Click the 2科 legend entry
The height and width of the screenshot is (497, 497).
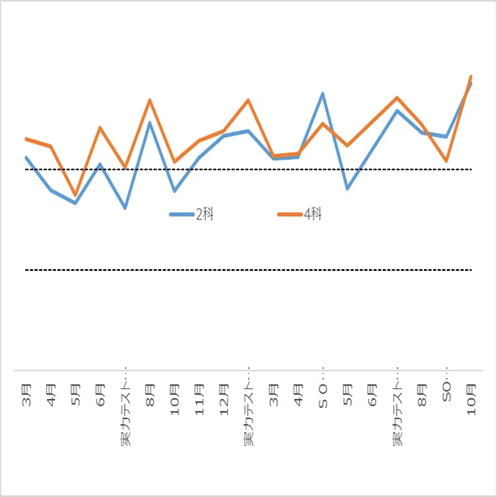[191, 214]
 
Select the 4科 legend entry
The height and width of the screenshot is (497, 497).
[299, 214]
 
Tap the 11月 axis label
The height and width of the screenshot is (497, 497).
[199, 400]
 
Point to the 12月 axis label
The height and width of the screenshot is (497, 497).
[224, 400]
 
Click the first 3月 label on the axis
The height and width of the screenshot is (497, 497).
[27, 395]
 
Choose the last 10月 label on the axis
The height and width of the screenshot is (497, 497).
[471, 400]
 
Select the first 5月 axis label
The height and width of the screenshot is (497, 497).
[76, 395]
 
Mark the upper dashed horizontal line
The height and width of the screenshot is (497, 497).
[248, 169]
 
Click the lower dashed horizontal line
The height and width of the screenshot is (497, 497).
[248, 270]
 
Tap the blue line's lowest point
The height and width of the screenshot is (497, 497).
[126, 208]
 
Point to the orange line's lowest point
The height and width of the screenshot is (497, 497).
[75, 195]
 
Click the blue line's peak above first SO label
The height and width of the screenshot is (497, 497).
[323, 93]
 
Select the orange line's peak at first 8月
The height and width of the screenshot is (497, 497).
[150, 101]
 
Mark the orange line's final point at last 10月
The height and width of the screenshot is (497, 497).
[471, 76]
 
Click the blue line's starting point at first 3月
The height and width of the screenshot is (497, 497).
[26, 157]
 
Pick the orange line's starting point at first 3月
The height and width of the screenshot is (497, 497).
[26, 139]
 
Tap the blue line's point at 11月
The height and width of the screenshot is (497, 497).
[199, 157]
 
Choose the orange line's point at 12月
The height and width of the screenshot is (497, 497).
[224, 131]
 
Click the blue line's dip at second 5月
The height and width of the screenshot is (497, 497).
[348, 189]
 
